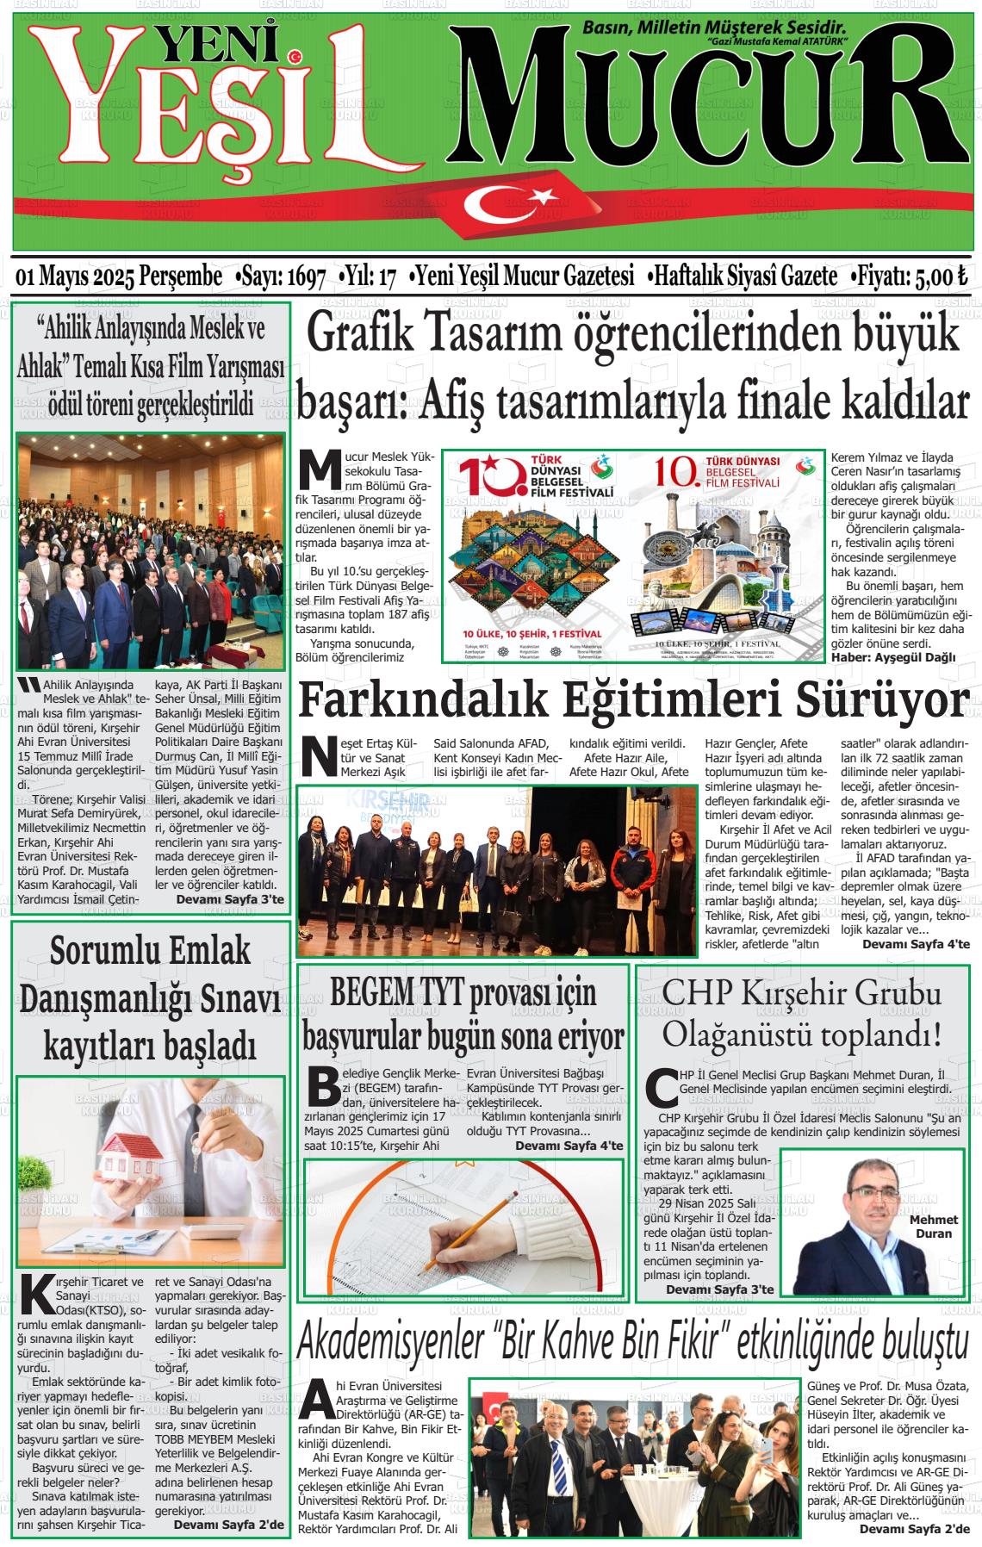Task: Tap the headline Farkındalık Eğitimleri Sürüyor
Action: [633, 699]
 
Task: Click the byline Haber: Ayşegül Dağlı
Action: [894, 658]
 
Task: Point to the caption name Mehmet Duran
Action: [932, 1227]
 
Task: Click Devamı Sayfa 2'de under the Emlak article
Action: [228, 1524]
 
